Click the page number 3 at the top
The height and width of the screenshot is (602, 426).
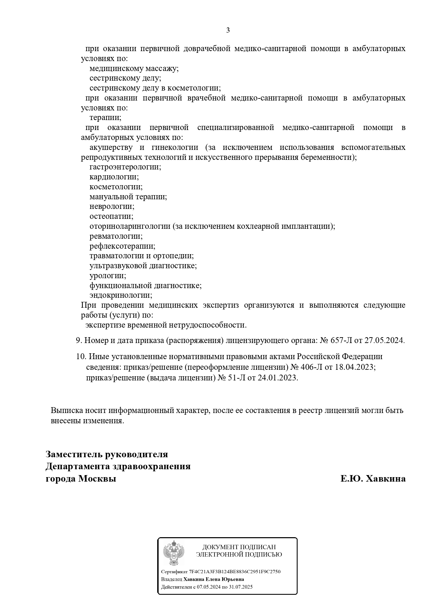pyautogui.click(x=228, y=31)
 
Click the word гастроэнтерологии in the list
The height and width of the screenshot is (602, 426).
pyautogui.click(x=125, y=167)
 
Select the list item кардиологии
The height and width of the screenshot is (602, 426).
pyautogui.click(x=114, y=177)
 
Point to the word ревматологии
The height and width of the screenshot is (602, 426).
pyautogui.click(x=116, y=236)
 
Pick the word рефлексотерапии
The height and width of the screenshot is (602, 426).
pyautogui.click(x=122, y=246)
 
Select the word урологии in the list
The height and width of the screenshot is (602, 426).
pyautogui.click(x=108, y=276)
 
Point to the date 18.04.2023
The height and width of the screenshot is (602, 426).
pyautogui.click(x=355, y=367)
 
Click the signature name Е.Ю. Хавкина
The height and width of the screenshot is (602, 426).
pyautogui.click(x=373, y=479)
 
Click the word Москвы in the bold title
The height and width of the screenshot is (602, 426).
pyautogui.click(x=97, y=479)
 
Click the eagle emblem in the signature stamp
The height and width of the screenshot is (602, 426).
pyautogui.click(x=173, y=553)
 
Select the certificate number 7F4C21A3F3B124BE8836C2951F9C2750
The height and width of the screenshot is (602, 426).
pyautogui.click(x=235, y=571)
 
